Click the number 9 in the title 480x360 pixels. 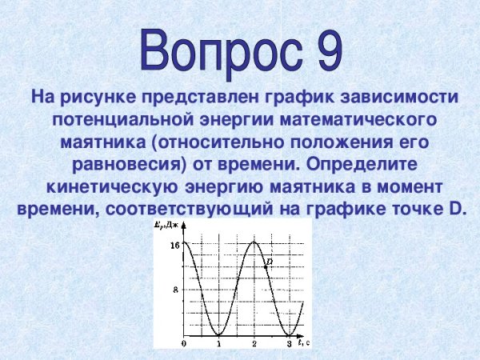click(x=322, y=49)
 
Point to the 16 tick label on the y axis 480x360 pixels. click(x=174, y=245)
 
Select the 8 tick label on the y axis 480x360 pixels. click(x=176, y=290)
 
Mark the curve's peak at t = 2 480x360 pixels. click(x=254, y=242)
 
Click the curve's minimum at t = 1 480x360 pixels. click(x=218, y=334)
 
